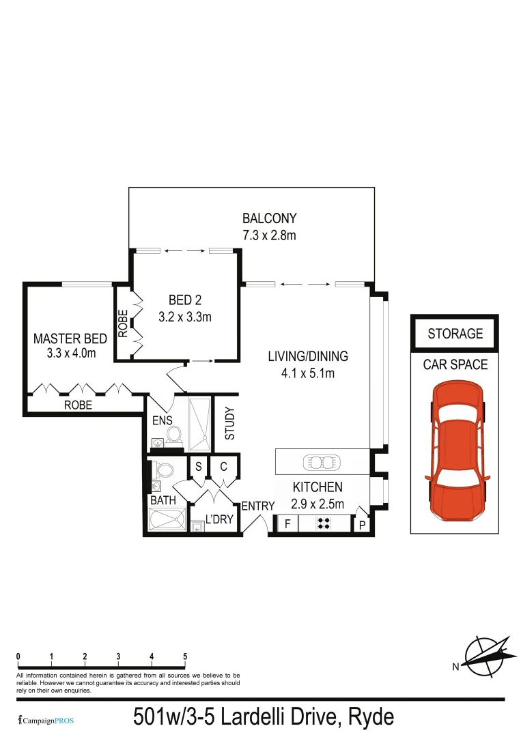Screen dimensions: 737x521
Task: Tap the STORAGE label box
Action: (455, 334)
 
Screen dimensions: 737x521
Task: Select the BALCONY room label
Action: (270, 219)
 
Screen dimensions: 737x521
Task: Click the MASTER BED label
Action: (70, 338)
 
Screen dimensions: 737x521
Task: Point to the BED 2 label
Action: (184, 300)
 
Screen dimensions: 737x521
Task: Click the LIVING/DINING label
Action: (307, 356)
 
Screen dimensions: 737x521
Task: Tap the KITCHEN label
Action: (317, 487)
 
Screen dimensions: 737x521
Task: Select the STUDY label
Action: (229, 423)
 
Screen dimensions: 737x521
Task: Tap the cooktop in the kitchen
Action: (324, 524)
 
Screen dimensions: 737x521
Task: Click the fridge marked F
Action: (287, 524)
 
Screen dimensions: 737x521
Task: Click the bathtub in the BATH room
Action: (167, 520)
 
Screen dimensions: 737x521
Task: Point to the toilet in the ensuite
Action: (173, 435)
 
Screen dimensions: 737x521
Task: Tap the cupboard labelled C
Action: (223, 467)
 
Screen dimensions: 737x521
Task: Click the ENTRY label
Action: (257, 506)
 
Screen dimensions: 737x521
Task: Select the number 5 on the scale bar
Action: (185, 656)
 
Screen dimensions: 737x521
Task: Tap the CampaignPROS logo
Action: (46, 720)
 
